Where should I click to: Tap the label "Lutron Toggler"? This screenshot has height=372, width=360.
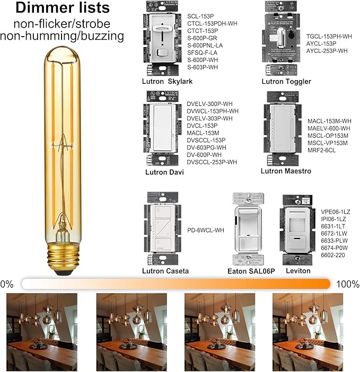coord(286,82)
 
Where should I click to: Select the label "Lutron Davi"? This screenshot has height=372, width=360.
coord(163,172)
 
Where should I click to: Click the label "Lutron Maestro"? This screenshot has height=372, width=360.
coord(286,171)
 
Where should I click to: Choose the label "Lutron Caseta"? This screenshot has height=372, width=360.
coord(165,271)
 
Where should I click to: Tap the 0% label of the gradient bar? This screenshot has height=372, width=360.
coord(7,284)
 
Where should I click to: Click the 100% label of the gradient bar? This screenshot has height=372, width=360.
coord(347,284)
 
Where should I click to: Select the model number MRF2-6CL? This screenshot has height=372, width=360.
coord(322,150)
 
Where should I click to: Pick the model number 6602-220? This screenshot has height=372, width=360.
coord(333,255)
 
